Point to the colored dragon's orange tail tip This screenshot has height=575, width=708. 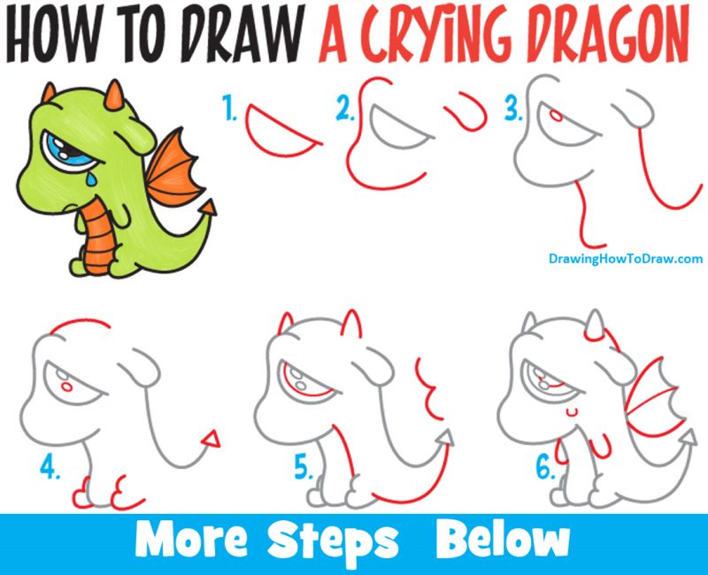pyautogui.click(x=209, y=209)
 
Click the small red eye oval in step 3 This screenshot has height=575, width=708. pyautogui.click(x=555, y=115)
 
